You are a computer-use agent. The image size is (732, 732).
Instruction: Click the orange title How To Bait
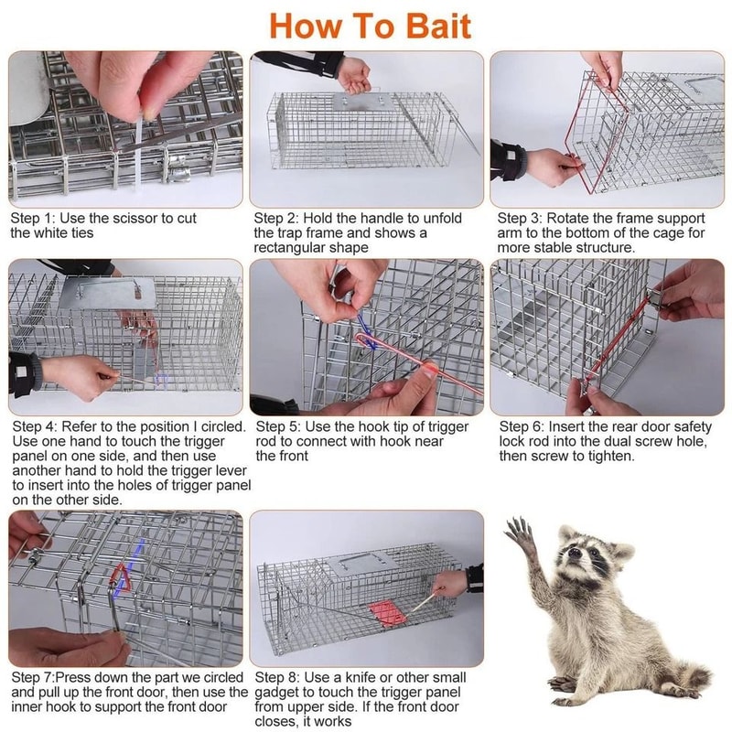coord(370,25)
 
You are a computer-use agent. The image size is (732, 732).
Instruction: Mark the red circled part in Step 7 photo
coord(120,582)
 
